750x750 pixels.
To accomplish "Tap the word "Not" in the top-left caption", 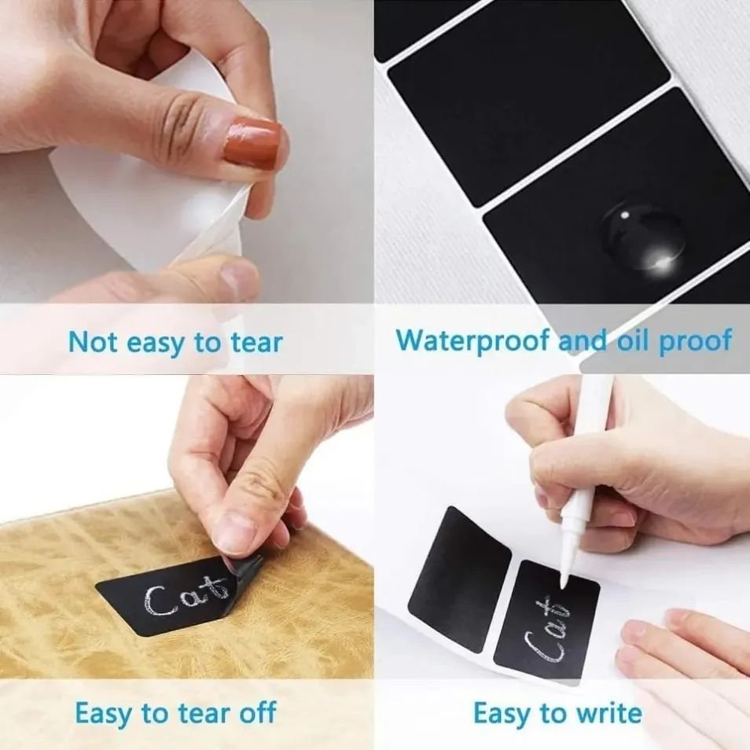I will pyautogui.click(x=92, y=343).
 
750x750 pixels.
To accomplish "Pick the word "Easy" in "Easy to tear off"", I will pyautogui.click(x=105, y=713).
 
